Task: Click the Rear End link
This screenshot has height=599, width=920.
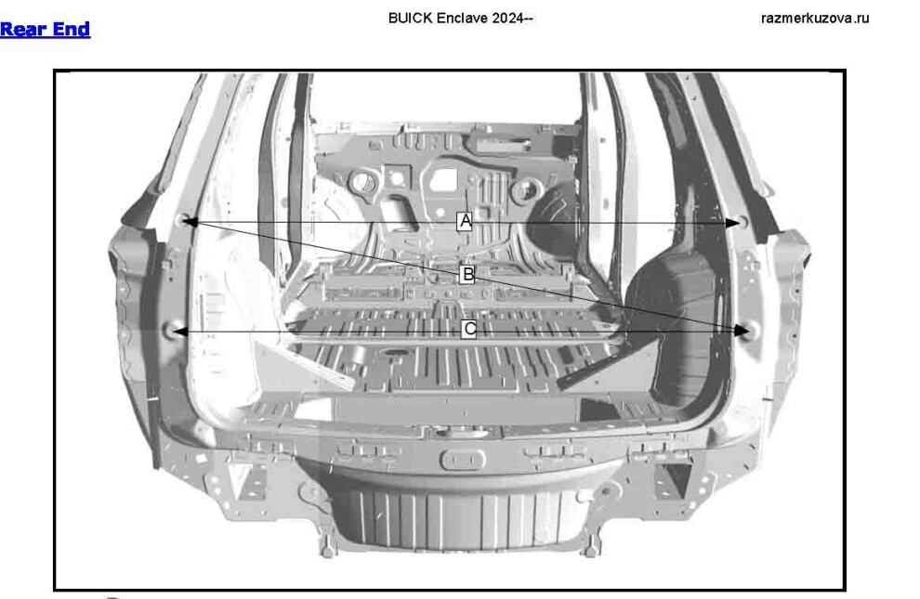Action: point(46,29)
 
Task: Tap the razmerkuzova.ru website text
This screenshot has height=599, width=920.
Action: point(815,19)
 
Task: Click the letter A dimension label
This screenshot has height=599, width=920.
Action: point(465,221)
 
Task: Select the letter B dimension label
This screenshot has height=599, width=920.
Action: point(467,274)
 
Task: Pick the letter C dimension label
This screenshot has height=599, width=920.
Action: point(468,329)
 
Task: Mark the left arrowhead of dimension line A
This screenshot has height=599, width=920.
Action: point(190,222)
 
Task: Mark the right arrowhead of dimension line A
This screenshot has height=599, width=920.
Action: point(733,223)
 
